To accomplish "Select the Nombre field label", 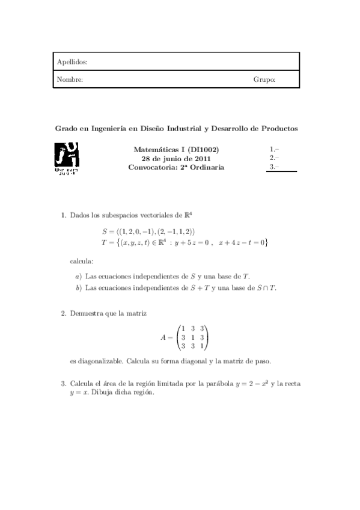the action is coord(70,79).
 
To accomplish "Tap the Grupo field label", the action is coord(264,79).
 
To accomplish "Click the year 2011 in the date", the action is coord(204,158).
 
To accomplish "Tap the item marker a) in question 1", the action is coord(79,277).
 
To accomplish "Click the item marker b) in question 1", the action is coord(79,288).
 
